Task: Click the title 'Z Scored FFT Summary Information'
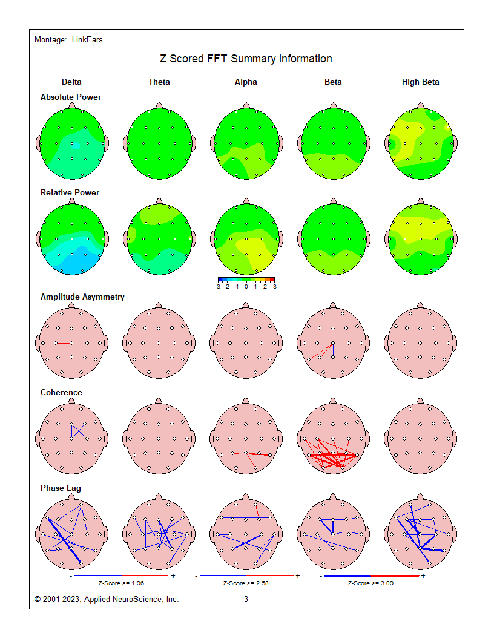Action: click(x=246, y=59)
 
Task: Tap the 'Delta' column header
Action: click(x=71, y=82)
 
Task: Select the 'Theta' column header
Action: click(x=159, y=82)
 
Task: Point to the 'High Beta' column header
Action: click(x=420, y=82)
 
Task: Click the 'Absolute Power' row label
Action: click(x=71, y=97)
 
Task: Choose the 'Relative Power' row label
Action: click(x=70, y=192)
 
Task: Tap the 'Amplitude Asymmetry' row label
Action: click(x=82, y=297)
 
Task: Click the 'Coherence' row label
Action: click(x=61, y=392)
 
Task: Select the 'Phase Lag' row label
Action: click(x=61, y=488)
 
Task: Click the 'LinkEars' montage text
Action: click(x=87, y=40)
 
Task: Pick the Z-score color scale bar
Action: click(x=246, y=280)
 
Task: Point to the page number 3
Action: click(x=246, y=600)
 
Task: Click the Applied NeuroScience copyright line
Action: click(x=107, y=600)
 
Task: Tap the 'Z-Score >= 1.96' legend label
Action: click(x=121, y=583)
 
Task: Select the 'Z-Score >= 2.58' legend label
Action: click(x=246, y=583)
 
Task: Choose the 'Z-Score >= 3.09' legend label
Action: click(x=370, y=583)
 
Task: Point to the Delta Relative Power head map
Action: click(x=71, y=240)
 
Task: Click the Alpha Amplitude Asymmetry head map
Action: click(x=246, y=342)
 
